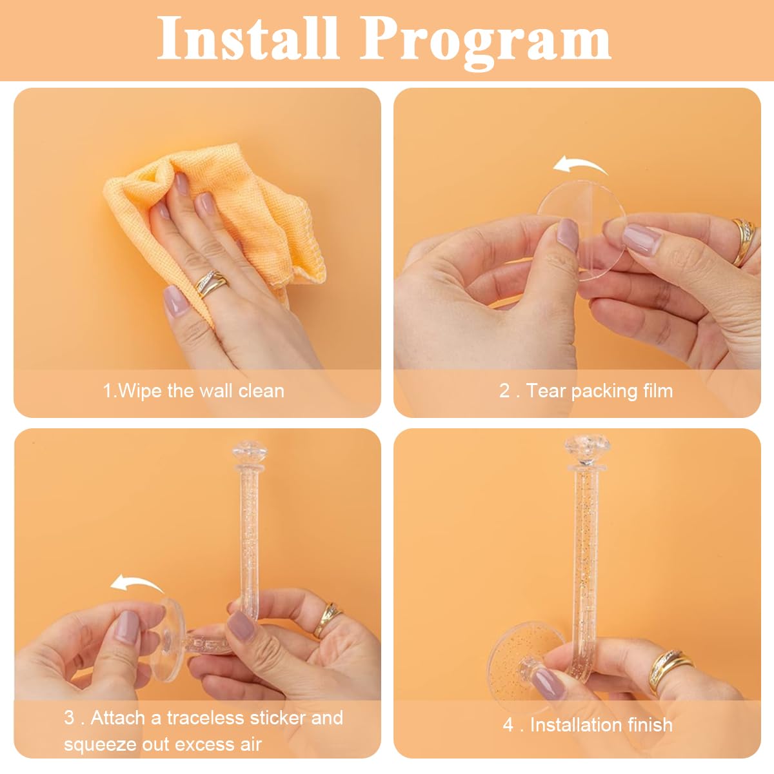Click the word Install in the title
click(x=248, y=39)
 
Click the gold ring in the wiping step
click(x=211, y=283)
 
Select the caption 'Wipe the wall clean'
click(x=193, y=391)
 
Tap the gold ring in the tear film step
click(x=744, y=243)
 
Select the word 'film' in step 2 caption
click(x=659, y=390)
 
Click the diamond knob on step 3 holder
click(x=250, y=452)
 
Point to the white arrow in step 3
click(x=137, y=584)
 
